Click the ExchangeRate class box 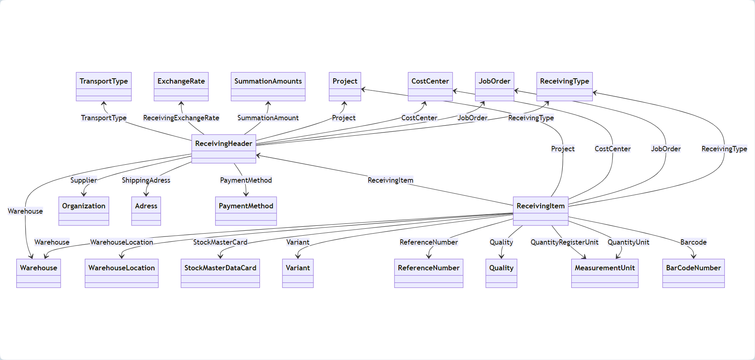[x=181, y=86]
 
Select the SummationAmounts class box [x=268, y=86]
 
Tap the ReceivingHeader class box [x=224, y=149]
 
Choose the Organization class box [x=84, y=211]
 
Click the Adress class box [x=146, y=211]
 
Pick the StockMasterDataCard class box [x=220, y=273]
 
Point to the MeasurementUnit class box [x=605, y=273]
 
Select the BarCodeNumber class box [x=693, y=273]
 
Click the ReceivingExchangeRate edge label [x=181, y=118]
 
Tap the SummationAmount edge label [x=268, y=118]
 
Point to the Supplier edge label [x=84, y=180]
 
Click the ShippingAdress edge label [x=146, y=180]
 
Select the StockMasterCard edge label [x=220, y=242]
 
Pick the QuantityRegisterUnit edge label [x=564, y=242]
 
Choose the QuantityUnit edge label [x=628, y=242]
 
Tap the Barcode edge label [x=693, y=242]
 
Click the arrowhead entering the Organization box [x=84, y=194]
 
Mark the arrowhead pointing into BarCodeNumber [x=693, y=256]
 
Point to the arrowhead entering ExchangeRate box [x=181, y=104]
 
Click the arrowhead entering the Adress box [x=146, y=194]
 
